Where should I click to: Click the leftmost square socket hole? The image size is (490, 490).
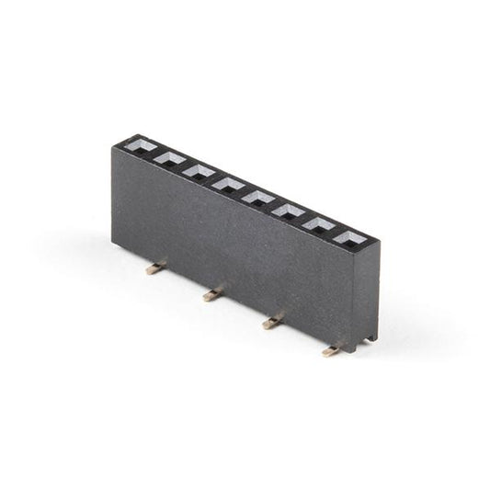click(139, 146)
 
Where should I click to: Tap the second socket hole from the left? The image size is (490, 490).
click(168, 159)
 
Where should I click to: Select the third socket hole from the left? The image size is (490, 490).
click(198, 171)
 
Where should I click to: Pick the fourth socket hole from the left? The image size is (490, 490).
click(227, 184)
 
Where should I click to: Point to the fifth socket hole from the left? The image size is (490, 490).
click(257, 197)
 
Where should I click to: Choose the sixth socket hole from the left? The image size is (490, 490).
click(288, 211)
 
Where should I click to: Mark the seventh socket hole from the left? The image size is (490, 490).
click(319, 224)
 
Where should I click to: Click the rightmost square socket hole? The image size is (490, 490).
click(350, 238)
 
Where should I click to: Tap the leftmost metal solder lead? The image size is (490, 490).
click(155, 268)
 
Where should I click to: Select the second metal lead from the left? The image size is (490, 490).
click(212, 295)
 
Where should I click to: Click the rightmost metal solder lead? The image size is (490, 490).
click(332, 350)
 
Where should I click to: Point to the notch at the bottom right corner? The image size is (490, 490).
click(369, 341)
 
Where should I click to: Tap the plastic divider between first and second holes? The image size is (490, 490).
click(154, 153)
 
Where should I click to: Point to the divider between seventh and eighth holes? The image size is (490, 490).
click(335, 232)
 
